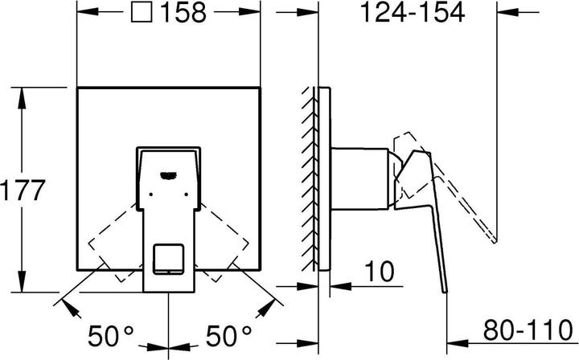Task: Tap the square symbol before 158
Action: click(x=142, y=13)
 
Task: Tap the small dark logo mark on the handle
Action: click(x=168, y=170)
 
